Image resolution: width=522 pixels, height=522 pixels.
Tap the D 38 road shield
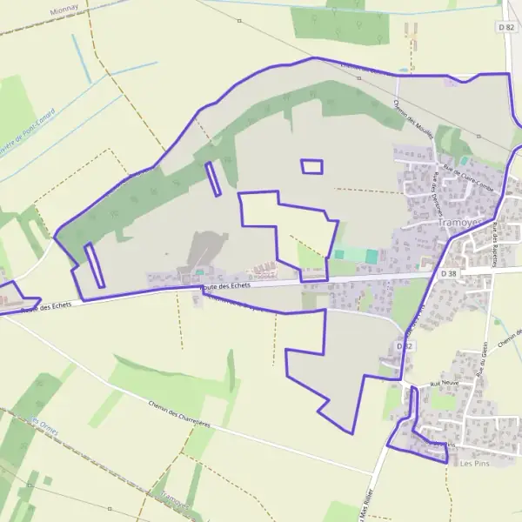[449, 273]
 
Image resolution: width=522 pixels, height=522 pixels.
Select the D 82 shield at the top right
[507, 28]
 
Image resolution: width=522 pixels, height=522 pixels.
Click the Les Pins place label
[475, 463]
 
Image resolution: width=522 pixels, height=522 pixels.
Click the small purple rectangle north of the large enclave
[311, 166]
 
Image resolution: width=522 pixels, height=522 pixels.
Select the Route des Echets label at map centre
[225, 285]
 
